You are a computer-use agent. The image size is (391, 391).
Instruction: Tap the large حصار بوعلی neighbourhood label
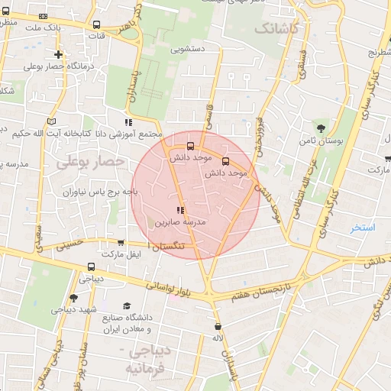point(90,161)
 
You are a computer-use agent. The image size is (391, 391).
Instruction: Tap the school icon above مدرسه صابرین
point(180,210)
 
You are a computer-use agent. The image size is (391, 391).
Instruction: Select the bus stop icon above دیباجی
point(91,267)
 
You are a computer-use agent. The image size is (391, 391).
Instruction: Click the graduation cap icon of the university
point(127,305)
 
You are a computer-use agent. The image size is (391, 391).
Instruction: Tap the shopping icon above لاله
point(218,326)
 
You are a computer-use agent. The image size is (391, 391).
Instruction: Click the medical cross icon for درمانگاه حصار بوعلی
point(59,54)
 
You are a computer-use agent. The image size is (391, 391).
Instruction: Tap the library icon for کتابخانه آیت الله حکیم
point(51,121)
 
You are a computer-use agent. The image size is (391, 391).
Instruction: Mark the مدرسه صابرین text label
point(181,224)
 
